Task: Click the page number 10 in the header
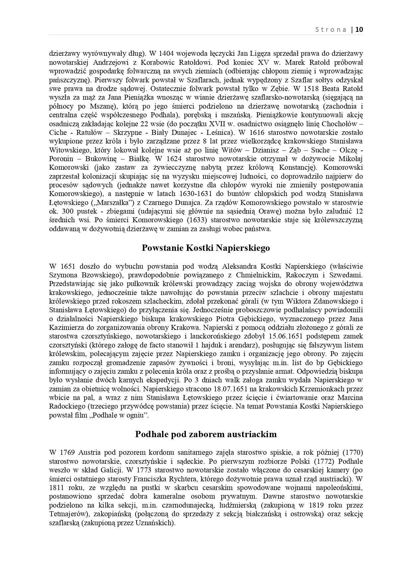pos(360,30)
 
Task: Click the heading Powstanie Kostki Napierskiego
pos(206,248)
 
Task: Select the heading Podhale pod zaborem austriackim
pos(206,434)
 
